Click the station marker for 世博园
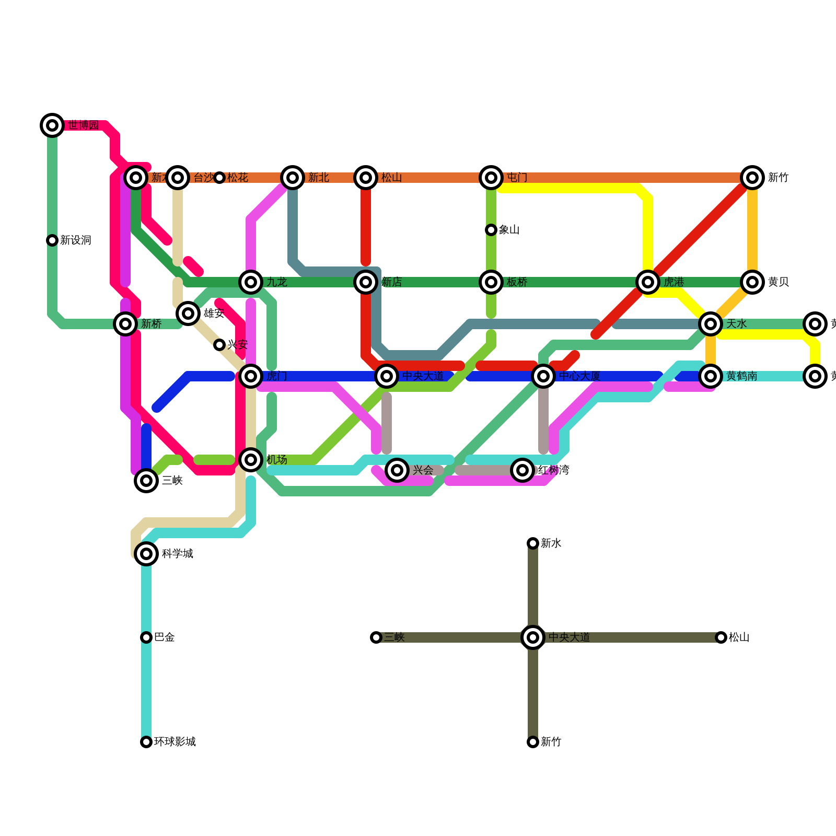(52, 125)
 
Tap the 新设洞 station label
(76, 240)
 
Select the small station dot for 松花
(219, 178)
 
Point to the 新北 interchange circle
(293, 178)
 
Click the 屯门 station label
(517, 178)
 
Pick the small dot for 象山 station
(491, 230)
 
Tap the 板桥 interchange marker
(491, 282)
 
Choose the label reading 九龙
(276, 282)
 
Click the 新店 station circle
(366, 282)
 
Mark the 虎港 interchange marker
(648, 282)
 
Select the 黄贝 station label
(778, 282)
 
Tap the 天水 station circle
(711, 324)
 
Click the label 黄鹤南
(741, 376)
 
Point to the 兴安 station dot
(219, 345)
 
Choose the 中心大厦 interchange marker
(543, 376)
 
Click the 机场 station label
(276, 460)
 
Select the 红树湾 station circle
(522, 470)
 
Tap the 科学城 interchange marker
(146, 554)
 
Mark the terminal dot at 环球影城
(146, 742)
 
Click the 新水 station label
(551, 543)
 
